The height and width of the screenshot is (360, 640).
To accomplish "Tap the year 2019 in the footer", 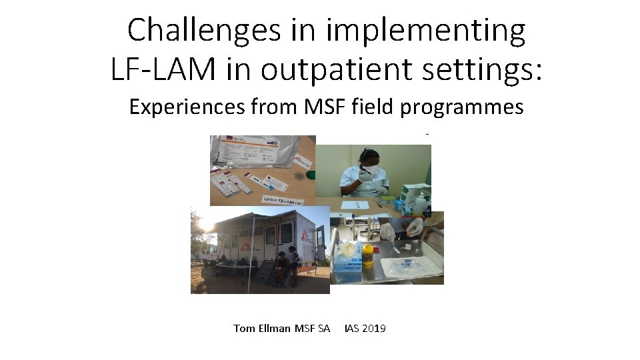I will click(373, 329).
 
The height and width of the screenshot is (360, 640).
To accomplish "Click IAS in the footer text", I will click(351, 329).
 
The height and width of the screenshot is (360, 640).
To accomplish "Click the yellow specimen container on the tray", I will click(367, 254).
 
